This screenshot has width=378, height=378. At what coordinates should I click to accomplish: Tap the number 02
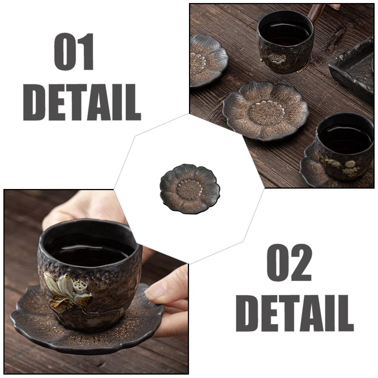tap(289, 262)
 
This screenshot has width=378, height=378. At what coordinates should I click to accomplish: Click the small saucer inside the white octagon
tap(189, 188)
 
